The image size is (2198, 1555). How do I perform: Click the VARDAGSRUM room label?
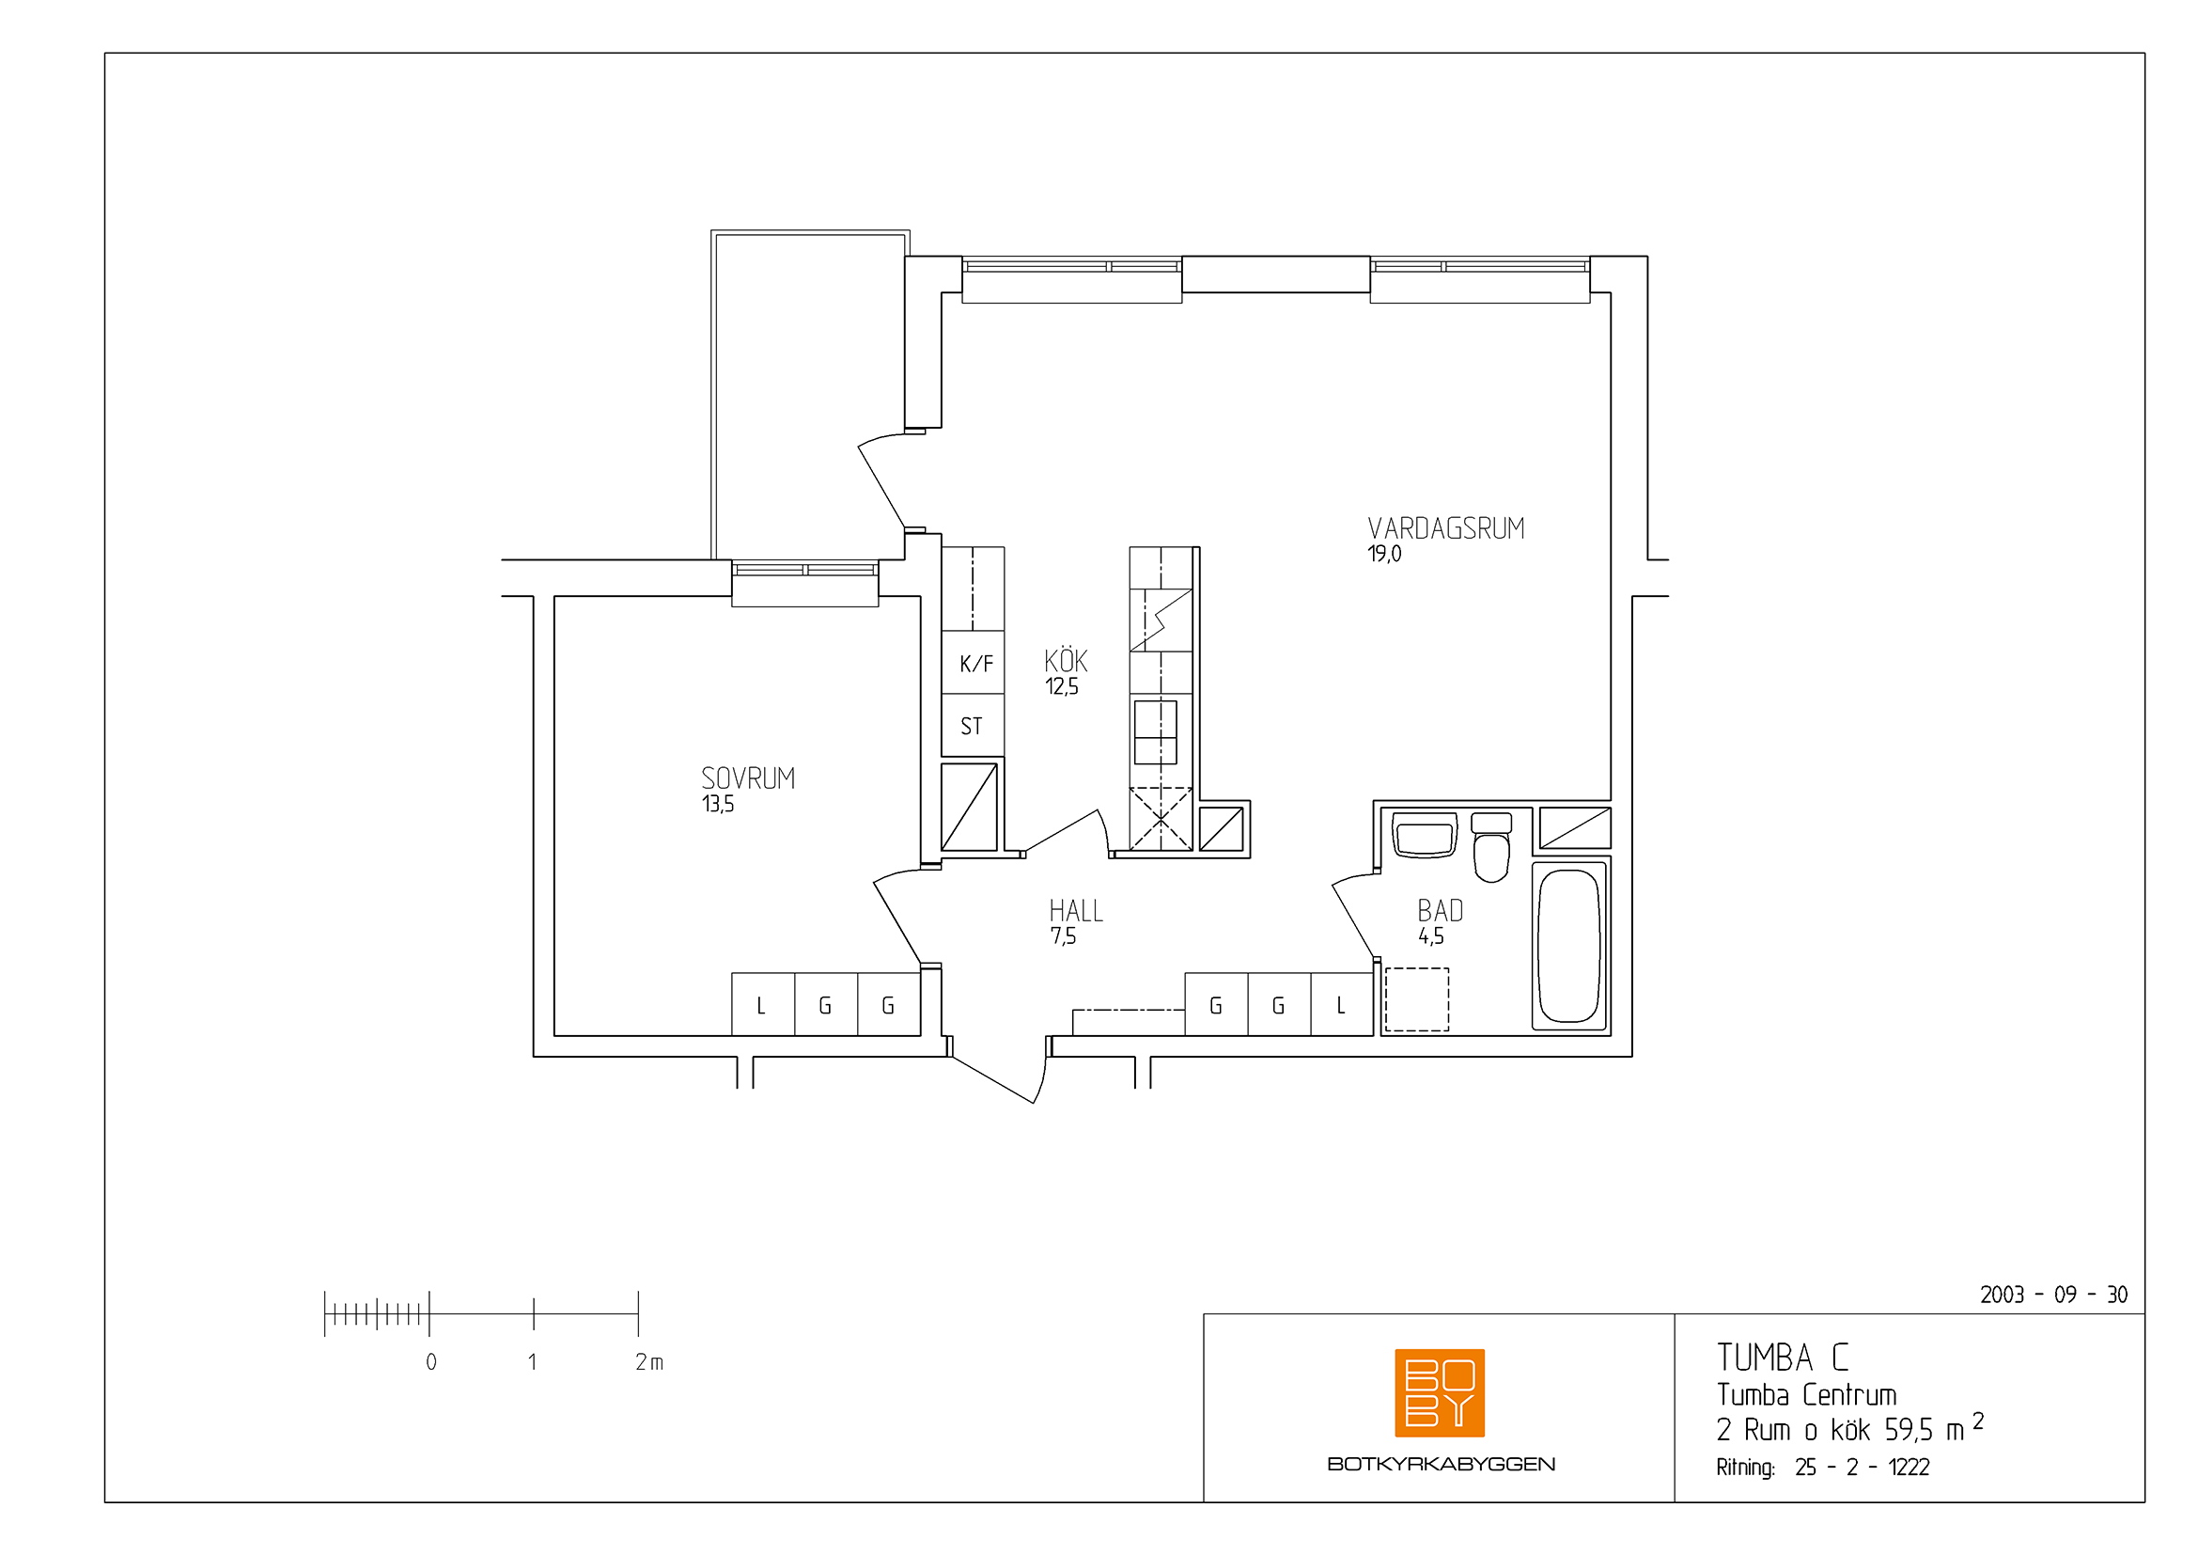(1445, 528)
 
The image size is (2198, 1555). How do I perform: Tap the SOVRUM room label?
(748, 778)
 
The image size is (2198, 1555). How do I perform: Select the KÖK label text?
(1066, 660)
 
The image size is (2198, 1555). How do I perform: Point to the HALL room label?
(1076, 911)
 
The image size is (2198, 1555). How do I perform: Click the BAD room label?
(1440, 911)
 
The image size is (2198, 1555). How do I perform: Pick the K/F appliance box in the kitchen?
(973, 663)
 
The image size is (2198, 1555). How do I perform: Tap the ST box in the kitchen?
(973, 725)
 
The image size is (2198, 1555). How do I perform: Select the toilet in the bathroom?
(1491, 846)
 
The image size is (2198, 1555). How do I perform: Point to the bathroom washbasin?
(1425, 835)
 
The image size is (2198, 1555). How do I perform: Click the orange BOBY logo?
(1440, 1393)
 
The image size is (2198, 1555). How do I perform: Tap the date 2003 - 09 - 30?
(2053, 1295)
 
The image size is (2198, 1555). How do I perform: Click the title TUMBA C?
(1783, 1358)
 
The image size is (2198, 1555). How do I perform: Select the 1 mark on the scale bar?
(532, 1361)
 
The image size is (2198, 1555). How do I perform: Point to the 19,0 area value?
(1384, 554)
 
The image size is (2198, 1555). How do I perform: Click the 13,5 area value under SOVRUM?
(718, 803)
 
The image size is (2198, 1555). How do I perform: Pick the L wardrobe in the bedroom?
(763, 1004)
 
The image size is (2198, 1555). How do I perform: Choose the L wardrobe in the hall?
(1342, 1004)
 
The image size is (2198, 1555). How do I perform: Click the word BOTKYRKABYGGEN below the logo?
(1441, 1464)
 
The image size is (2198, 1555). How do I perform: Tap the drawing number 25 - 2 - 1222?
(1862, 1467)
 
